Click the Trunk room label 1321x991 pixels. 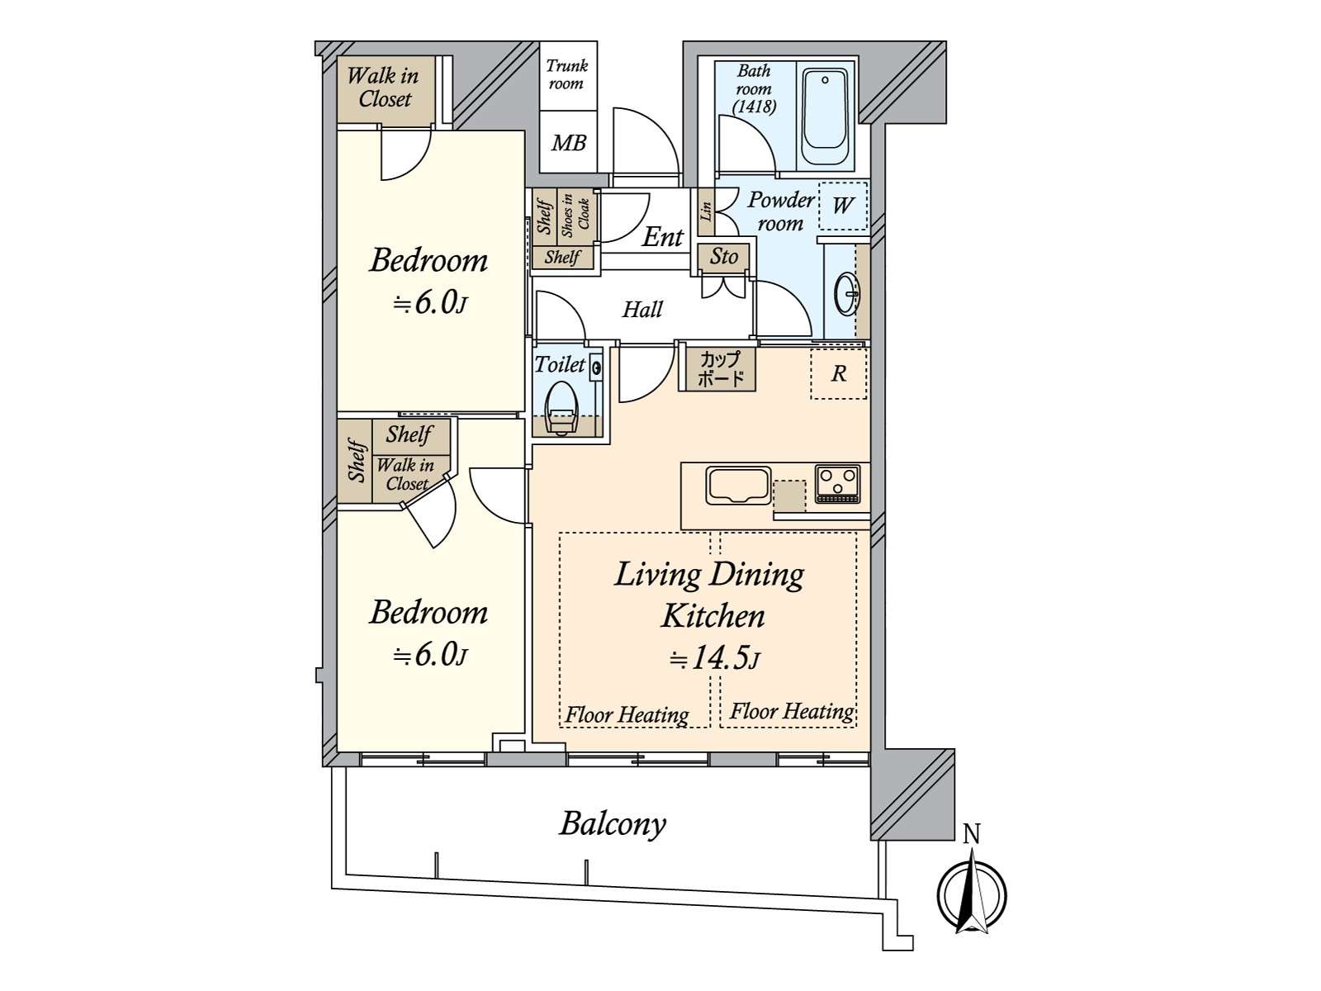pos(566,74)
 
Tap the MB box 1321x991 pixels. pos(568,143)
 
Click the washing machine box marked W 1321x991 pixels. pos(842,205)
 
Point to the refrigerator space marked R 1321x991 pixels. pos(839,374)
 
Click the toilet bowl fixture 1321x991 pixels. pos(561,407)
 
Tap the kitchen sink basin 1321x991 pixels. pos(738,485)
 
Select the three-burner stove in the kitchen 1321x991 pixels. pos(838,483)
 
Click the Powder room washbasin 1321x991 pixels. pos(846,293)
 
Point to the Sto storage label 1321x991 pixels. pos(724,257)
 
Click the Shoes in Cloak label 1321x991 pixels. pos(575,213)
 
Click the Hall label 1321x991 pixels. pos(642,310)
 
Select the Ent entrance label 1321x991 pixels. pos(662,238)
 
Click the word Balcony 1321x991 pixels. pos(613,824)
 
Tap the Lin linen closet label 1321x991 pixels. pos(706,212)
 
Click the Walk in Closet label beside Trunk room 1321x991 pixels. pos(384,88)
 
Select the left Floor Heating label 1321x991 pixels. pos(627,714)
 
